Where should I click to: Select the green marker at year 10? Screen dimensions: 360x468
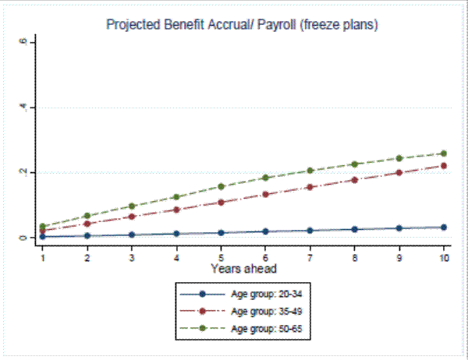tap(443, 154)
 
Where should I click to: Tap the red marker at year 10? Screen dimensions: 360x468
tap(443, 165)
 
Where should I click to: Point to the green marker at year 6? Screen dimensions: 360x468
tap(265, 178)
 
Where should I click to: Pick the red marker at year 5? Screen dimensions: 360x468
tap(221, 203)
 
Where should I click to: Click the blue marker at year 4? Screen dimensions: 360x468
tap(176, 233)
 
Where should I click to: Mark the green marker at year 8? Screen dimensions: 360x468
tap(354, 164)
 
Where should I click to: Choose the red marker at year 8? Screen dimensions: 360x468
tap(354, 180)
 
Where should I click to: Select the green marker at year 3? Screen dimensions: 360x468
tap(132, 206)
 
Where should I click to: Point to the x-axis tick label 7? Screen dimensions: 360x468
tap(310, 256)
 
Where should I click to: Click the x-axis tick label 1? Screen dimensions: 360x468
tap(43, 256)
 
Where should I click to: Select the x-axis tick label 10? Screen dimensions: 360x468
tap(443, 256)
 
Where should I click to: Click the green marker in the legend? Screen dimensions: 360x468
tap(201, 329)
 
